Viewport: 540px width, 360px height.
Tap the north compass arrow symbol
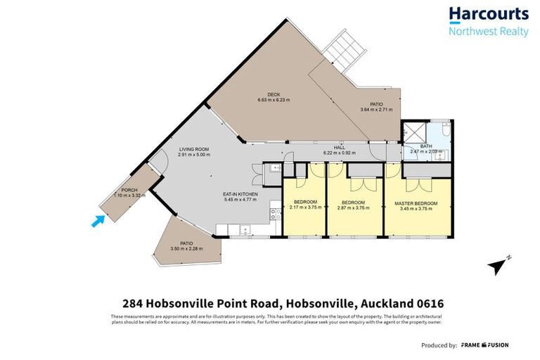click(x=499, y=266)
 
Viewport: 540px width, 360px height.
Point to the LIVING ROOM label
click(x=191, y=149)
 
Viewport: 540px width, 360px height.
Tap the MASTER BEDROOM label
click(x=416, y=203)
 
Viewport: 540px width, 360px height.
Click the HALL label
click(x=340, y=147)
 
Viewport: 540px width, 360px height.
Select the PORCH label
click(x=129, y=190)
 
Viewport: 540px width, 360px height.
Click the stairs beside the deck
click(x=345, y=50)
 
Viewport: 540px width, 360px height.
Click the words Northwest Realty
click(x=489, y=32)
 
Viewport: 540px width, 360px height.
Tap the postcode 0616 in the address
click(x=426, y=304)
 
